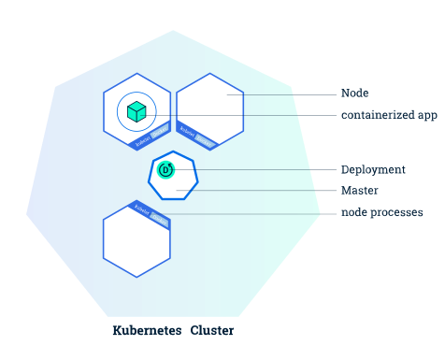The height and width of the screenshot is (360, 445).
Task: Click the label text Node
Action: tap(354, 94)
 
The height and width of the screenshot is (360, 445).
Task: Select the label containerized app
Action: tap(388, 116)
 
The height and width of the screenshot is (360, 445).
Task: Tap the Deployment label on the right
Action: tap(373, 169)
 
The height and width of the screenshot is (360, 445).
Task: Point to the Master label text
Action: tap(359, 190)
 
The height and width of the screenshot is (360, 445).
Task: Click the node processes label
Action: tap(381, 212)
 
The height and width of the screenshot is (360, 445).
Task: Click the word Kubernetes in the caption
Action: tap(148, 331)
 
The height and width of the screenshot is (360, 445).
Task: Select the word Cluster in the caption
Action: tap(212, 331)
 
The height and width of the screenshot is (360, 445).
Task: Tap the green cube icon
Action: tap(136, 111)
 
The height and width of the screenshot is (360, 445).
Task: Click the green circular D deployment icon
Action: tap(166, 169)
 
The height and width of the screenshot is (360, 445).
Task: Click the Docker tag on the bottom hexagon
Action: tap(159, 221)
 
